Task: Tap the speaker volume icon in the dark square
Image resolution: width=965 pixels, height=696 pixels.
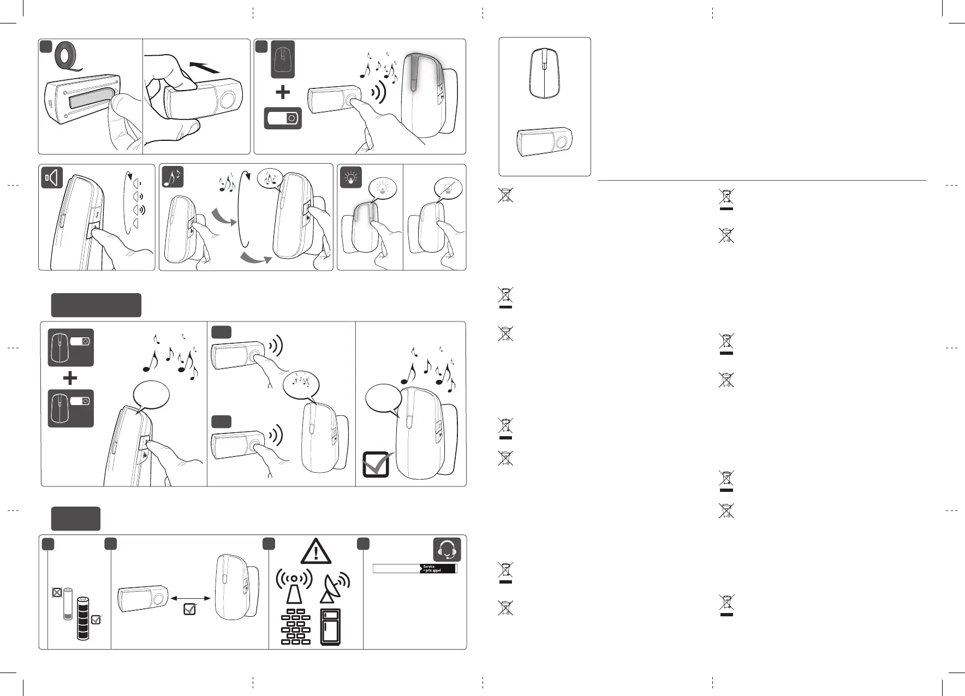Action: coord(52,178)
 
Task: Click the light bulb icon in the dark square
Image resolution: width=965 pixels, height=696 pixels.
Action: coord(350,177)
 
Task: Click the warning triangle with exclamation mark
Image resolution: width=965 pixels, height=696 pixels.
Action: coord(316,551)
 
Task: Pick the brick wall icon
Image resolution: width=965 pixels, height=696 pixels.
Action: coord(295,626)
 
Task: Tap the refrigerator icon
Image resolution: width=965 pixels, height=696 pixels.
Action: coord(331,626)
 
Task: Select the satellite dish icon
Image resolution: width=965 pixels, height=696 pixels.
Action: coord(333,588)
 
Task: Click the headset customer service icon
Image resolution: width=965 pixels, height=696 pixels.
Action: coord(446,550)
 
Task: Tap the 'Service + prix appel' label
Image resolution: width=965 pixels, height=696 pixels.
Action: coord(438,568)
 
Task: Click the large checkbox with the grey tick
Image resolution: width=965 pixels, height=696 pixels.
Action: coord(377,465)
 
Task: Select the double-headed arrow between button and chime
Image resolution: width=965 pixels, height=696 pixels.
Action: coord(189,598)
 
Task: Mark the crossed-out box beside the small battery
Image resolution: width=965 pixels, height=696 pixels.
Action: coord(56,591)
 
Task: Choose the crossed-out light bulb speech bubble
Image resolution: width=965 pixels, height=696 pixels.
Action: coord(448,189)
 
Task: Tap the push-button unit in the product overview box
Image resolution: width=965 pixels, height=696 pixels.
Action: coord(544,142)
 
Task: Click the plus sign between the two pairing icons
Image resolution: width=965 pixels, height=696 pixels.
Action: coord(70,378)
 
